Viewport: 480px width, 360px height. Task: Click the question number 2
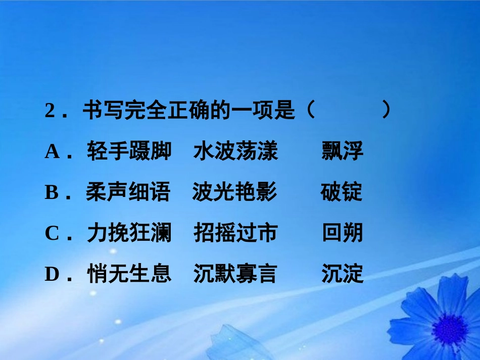50,111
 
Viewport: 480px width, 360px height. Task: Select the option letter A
52,151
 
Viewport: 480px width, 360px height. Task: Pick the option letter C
52,233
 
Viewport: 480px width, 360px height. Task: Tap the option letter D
52,274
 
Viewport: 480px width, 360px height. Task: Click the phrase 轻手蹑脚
129,151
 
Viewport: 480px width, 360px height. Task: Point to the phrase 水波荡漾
235,151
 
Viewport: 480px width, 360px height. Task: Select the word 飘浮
342,151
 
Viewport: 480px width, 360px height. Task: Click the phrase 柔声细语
128,193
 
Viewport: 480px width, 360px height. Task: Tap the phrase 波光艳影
234,193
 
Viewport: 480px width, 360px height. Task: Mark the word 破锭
341,193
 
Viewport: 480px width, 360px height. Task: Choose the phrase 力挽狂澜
129,233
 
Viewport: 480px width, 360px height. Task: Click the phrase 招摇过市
235,233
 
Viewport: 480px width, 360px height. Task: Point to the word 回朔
342,233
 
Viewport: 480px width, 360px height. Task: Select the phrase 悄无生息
129,274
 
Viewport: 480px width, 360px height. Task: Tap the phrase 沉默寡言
235,274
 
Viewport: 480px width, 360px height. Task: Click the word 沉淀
342,274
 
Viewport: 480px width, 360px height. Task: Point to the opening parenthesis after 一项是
310,111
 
